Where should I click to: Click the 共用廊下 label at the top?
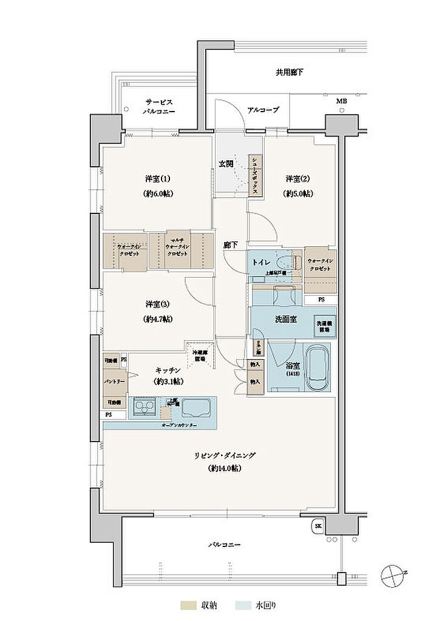290,73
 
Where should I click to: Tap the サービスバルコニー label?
159,107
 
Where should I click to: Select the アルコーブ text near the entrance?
263,110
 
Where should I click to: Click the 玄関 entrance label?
227,164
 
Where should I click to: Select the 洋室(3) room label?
157,303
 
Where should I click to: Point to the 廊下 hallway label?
230,245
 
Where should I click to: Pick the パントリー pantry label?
110,381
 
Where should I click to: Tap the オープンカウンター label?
179,426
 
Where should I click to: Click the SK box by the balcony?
318,526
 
